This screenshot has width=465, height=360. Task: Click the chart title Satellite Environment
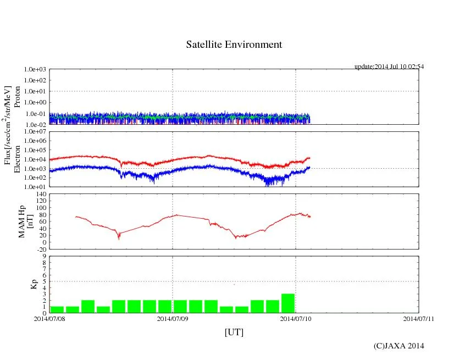click(234, 45)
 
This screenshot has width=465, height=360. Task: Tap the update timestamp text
click(389, 67)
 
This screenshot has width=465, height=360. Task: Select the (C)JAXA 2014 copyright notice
click(398, 346)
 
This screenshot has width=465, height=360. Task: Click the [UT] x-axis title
click(234, 333)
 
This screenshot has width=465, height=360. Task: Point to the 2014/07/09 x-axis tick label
click(173, 318)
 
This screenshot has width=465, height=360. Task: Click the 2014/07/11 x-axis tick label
click(419, 318)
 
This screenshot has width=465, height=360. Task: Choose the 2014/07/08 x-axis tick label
click(49, 318)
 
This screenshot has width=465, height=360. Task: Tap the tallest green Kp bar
click(288, 303)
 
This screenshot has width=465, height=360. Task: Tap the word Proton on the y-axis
click(17, 97)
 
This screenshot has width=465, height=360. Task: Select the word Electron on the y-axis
click(17, 159)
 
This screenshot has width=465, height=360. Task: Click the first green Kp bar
click(57, 309)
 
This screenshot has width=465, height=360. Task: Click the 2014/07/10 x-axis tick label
click(296, 318)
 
